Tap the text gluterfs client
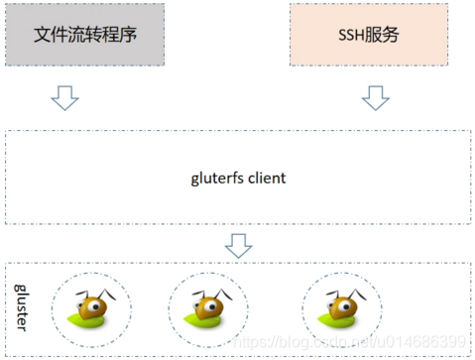238,179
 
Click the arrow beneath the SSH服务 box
374,97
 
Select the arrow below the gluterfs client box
238,244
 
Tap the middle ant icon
207,305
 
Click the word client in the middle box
266,179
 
